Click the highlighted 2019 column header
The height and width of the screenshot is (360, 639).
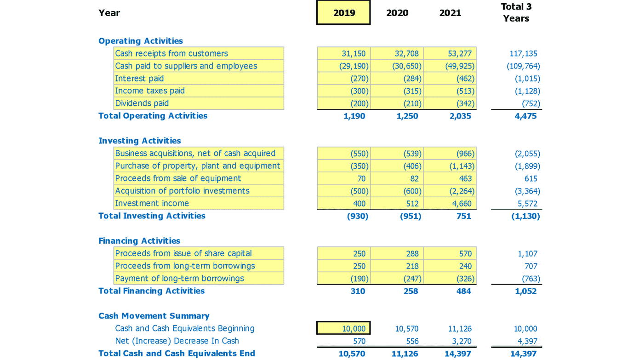coord(343,13)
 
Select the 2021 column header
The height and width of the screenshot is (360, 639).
coord(450,13)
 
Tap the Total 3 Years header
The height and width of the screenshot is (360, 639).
coord(516,12)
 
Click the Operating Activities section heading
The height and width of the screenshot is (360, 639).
coord(141,41)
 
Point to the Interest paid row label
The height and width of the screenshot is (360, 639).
coord(139,79)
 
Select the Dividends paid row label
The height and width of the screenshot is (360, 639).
coord(142,103)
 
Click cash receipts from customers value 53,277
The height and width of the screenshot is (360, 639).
coord(460,54)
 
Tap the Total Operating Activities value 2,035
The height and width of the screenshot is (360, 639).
coord(460,116)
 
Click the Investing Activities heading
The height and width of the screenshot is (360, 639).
coord(140,141)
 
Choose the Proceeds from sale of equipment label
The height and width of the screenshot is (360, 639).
coord(178,178)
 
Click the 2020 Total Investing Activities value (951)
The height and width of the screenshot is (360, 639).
coord(410,216)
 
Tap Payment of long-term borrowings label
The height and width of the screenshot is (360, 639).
coord(179,279)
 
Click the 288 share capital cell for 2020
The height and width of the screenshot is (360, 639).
coord(412,254)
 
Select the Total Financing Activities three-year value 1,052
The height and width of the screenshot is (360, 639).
coord(525,291)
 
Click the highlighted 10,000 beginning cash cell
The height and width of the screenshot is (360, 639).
coord(343,328)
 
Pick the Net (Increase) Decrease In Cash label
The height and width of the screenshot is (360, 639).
coord(177,341)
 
